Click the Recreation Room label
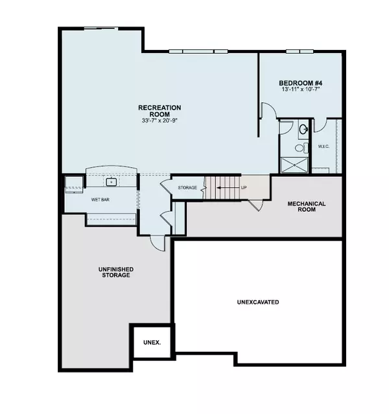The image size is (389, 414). coord(159,111)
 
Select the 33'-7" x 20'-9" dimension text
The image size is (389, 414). coord(159,121)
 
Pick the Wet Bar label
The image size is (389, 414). coord(100,200)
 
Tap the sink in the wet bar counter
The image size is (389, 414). coord(111,183)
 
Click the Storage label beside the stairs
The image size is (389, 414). coord(188,188)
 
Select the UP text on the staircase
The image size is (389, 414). coord(244,188)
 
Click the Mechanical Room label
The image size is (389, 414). coord(306,208)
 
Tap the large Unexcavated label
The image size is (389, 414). coord(257,302)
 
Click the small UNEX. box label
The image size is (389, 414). coord(152,341)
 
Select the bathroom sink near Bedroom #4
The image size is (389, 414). coord(303,130)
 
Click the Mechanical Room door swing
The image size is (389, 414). coord(257,205)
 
